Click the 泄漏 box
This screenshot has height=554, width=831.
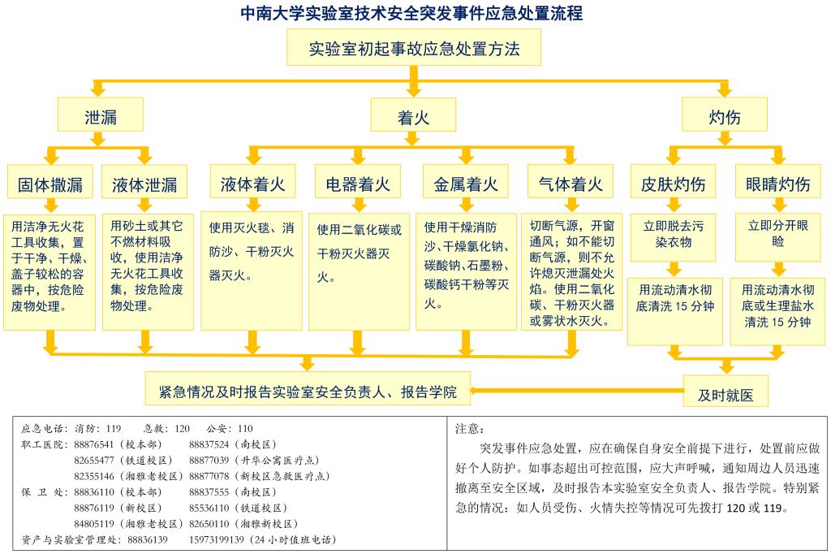click(101, 115)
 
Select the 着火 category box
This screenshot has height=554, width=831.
click(413, 115)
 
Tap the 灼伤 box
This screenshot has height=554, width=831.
click(724, 115)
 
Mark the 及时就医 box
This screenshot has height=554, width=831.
click(726, 394)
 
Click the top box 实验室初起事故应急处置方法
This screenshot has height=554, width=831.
click(413, 49)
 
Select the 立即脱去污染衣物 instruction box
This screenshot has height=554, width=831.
click(674, 234)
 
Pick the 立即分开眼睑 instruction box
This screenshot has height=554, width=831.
click(777, 234)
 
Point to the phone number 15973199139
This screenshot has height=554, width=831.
click(216, 539)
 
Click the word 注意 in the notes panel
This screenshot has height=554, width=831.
click(469, 428)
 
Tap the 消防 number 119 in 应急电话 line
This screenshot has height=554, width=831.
click(113, 428)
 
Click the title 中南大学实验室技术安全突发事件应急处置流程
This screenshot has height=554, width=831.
click(412, 14)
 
